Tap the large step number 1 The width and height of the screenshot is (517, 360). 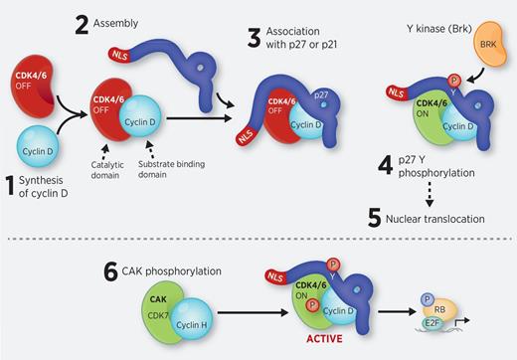point(13,184)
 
